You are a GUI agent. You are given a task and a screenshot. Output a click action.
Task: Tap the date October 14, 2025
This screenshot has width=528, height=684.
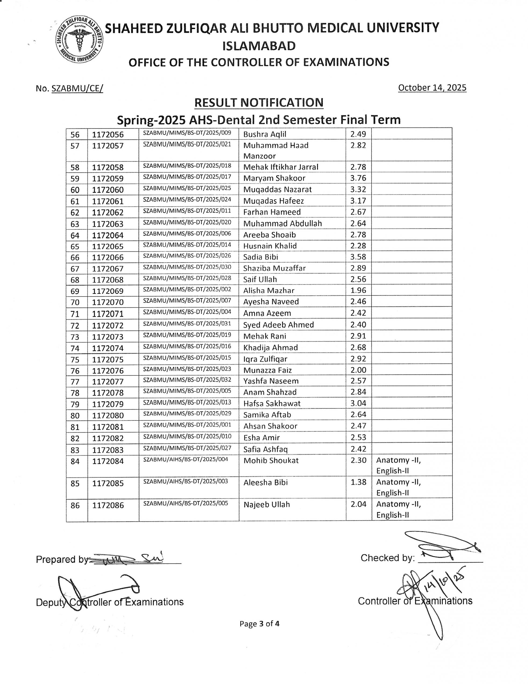pos(432,88)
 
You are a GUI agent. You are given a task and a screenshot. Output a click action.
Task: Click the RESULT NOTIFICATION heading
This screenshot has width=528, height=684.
pos(258,103)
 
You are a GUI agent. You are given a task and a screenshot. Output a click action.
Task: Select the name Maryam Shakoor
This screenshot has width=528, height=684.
pos(274,178)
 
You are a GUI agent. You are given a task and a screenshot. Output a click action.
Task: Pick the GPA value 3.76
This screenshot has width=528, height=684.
pos(358,178)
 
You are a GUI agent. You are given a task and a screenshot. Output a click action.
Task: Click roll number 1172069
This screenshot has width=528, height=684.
pos(108,291)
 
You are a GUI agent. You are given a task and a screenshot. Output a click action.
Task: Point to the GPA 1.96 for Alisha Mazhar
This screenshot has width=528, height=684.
pos(358,290)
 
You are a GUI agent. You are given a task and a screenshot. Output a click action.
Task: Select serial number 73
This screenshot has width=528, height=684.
pos(75,337)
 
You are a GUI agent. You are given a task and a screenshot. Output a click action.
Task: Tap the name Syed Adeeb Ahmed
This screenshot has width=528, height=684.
pos(278,325)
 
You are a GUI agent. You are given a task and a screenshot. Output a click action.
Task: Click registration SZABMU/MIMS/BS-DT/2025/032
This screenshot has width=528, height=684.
pos(187,380)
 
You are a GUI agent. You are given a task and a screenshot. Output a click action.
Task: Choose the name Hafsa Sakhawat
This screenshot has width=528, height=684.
pos(272,403)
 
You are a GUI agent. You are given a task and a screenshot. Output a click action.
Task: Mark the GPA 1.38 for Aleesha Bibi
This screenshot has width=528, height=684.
pos(358,482)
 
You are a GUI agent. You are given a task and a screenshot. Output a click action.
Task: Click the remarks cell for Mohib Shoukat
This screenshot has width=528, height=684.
pos(412,465)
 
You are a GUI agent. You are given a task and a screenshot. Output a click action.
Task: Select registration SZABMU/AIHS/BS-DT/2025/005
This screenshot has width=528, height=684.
pos(186,503)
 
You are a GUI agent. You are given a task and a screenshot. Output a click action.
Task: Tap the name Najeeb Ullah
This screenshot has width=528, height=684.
pos(266,505)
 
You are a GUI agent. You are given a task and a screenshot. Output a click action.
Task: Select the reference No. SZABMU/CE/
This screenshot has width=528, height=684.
pos(69,89)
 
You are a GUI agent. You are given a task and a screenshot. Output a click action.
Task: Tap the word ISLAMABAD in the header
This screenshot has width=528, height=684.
pos(259,46)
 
